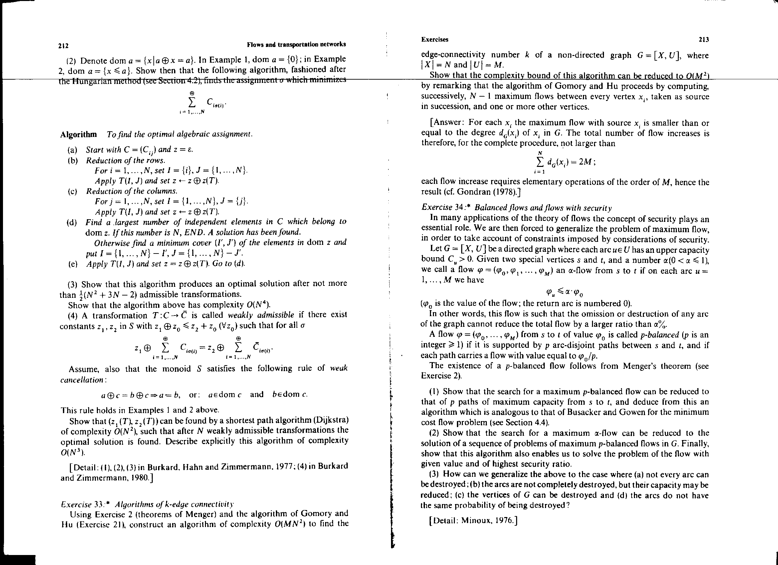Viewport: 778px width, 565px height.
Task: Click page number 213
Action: click(x=703, y=40)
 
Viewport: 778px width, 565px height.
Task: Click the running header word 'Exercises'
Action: click(x=435, y=40)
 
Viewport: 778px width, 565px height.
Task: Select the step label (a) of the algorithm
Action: click(x=73, y=150)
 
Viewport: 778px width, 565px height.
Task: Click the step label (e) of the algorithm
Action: click(x=73, y=264)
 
